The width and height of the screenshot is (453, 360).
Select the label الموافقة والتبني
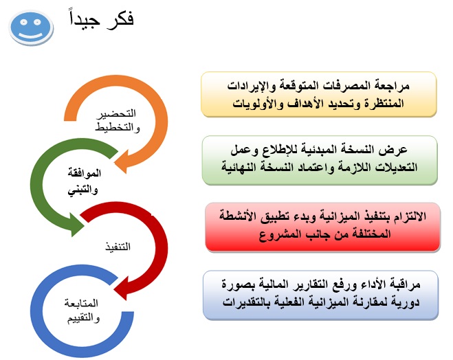click(85, 182)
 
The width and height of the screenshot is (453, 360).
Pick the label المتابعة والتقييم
click(82, 309)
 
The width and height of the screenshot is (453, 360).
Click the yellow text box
click(320, 94)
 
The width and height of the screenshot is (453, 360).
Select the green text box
click(320, 160)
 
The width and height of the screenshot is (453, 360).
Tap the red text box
click(320, 227)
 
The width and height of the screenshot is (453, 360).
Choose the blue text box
click(320, 294)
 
